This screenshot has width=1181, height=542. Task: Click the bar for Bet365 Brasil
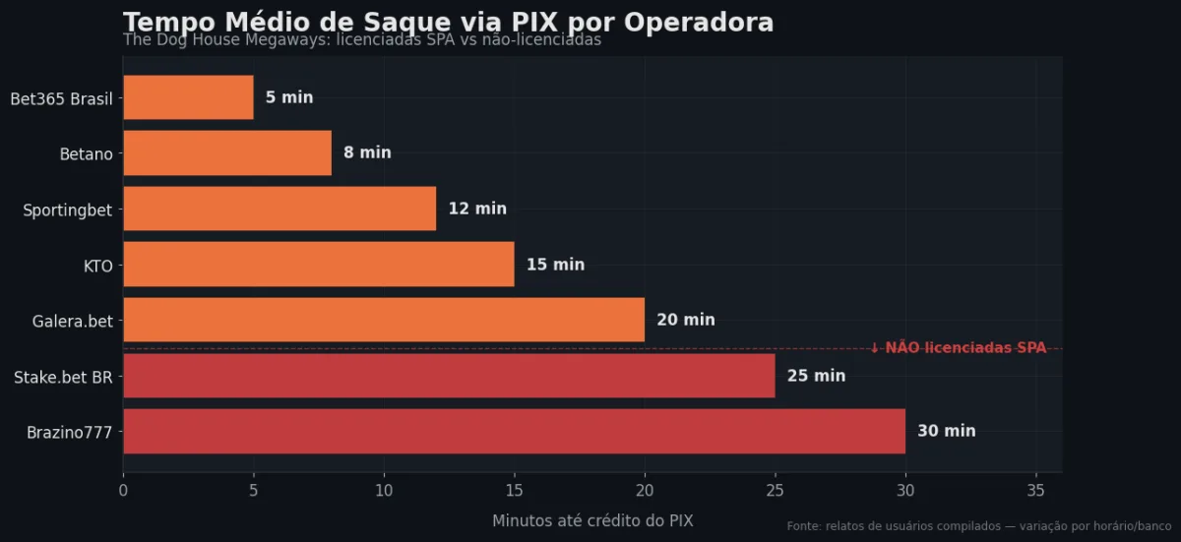click(x=188, y=97)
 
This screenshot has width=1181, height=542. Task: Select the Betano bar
click(x=227, y=152)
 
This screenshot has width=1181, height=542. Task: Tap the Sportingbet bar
click(x=280, y=209)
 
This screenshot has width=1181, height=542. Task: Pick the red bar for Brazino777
click(x=514, y=431)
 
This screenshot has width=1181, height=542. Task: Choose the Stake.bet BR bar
click(x=449, y=376)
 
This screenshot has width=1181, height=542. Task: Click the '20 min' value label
click(x=686, y=320)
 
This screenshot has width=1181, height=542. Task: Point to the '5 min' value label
click(x=289, y=97)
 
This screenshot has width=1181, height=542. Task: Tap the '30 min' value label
click(x=947, y=431)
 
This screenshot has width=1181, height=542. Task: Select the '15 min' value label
click(x=555, y=265)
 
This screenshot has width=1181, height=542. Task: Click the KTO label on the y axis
click(x=98, y=265)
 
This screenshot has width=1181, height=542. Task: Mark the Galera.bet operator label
click(x=73, y=321)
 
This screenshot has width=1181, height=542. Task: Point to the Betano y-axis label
click(x=87, y=153)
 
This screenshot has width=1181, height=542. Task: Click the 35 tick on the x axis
click(x=1035, y=489)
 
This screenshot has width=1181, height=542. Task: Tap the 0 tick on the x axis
click(x=123, y=489)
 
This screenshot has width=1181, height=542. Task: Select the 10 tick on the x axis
click(x=384, y=489)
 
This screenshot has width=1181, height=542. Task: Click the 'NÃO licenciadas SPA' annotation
click(x=959, y=347)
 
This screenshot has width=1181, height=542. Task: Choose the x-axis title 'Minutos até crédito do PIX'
click(x=592, y=520)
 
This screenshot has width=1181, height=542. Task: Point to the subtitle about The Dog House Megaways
click(x=362, y=40)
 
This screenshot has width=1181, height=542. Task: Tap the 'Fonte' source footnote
click(x=978, y=526)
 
